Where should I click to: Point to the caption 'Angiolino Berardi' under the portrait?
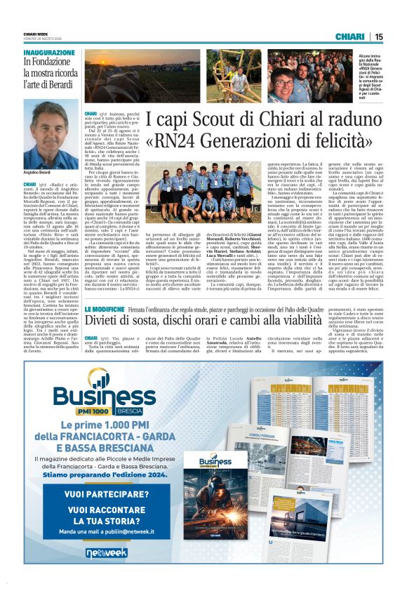tap(37, 172)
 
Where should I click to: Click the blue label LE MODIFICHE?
tap(105, 309)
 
